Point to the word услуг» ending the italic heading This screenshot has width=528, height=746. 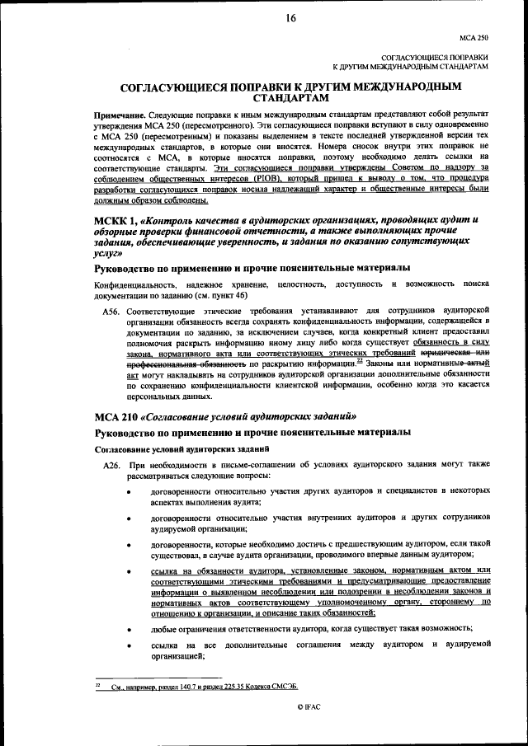click(115, 255)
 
